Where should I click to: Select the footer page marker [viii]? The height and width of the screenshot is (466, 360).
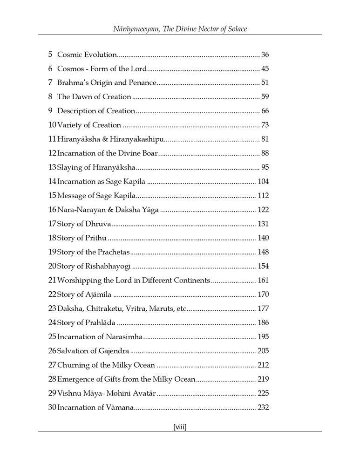click(180, 426)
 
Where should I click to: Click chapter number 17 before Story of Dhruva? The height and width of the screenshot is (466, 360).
click(52, 224)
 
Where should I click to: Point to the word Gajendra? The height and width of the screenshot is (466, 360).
click(112, 351)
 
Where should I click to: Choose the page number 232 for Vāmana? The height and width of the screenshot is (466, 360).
click(263, 407)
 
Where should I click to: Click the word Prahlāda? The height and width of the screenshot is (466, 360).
click(100, 322)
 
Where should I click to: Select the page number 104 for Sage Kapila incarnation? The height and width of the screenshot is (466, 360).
click(263, 181)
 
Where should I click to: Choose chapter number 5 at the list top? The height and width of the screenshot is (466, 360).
click(50, 55)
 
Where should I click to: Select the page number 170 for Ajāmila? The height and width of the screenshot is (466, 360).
click(263, 295)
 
